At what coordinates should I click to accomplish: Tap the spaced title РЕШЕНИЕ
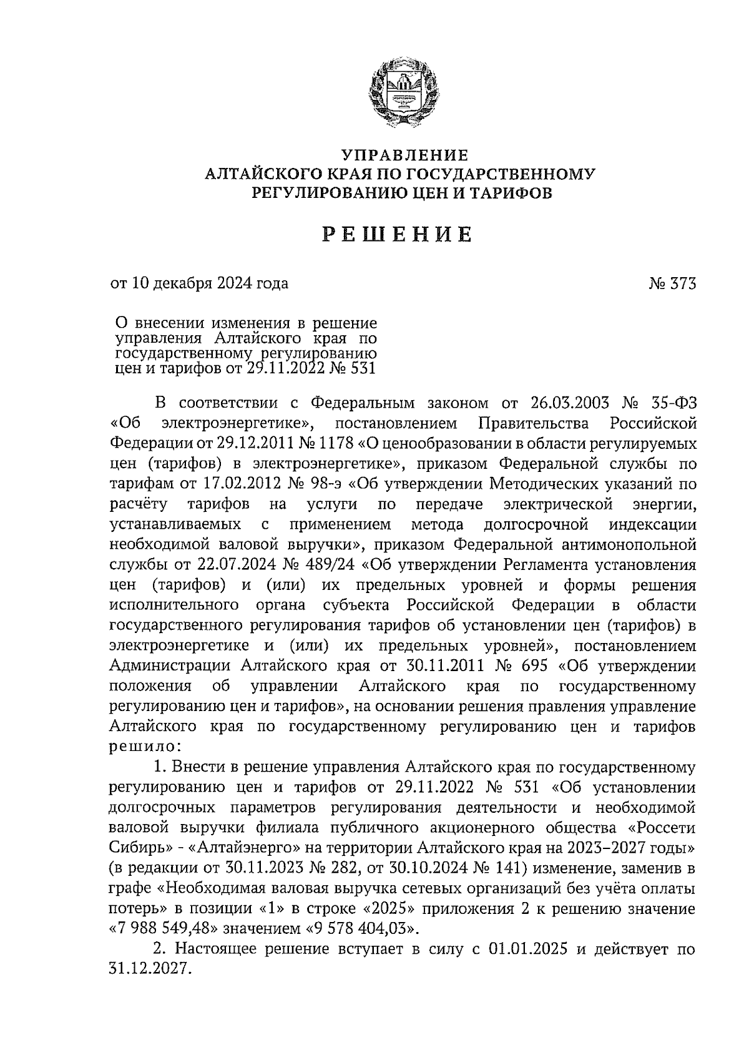coord(397,235)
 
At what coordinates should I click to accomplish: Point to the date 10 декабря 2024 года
coord(208,283)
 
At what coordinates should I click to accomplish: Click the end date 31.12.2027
coord(147,971)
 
